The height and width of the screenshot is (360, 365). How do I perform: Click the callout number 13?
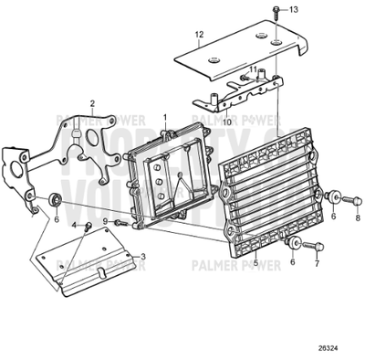coord(294,9)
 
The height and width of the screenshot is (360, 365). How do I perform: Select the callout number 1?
coord(165,117)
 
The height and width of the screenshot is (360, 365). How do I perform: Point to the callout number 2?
coord(92,103)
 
